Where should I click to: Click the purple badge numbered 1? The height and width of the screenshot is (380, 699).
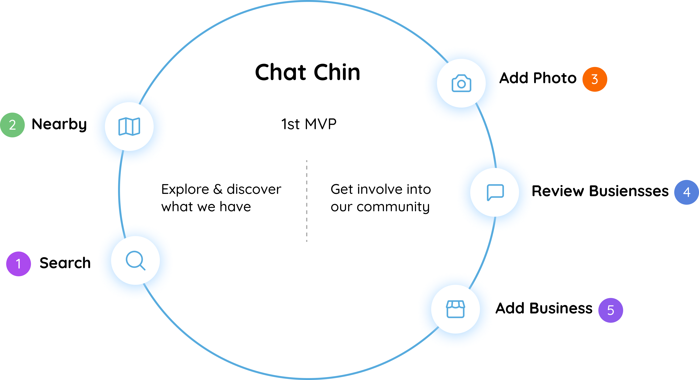click(18, 264)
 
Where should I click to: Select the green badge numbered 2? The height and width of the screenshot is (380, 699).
click(12, 125)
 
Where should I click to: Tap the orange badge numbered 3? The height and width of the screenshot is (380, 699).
click(594, 79)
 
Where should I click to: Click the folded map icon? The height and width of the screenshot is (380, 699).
click(129, 126)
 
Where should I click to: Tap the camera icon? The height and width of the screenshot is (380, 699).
click(461, 83)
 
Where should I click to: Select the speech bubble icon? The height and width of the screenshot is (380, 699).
click(495, 192)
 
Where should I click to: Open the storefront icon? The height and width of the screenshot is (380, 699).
click(455, 309)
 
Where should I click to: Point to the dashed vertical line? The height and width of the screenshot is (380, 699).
click(307, 201)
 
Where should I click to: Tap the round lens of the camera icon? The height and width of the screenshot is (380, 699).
click(461, 84)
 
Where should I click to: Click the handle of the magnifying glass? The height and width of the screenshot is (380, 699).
click(142, 267)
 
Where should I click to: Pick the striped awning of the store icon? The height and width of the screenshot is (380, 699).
click(455, 305)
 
